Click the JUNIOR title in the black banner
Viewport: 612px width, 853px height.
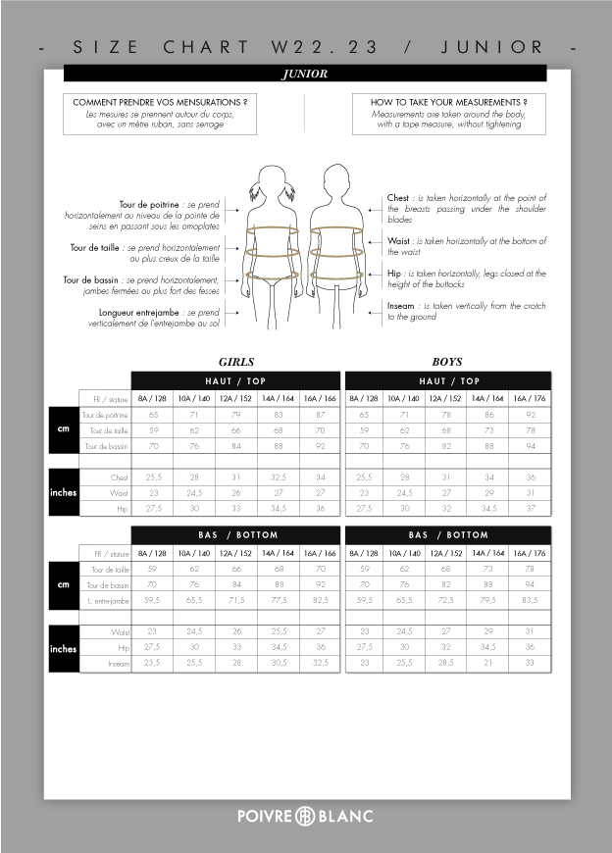tap(304, 74)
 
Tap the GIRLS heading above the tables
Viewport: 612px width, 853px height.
tap(236, 361)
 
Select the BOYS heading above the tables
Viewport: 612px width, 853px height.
tap(447, 361)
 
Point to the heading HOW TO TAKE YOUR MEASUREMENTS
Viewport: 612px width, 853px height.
tap(449, 102)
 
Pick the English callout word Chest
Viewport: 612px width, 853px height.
tap(398, 198)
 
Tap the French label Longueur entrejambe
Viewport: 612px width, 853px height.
tap(146, 312)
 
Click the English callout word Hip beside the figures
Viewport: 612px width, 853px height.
tap(394, 274)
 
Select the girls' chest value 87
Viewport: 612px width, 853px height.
tap(320, 416)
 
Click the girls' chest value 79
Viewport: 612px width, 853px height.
tap(236, 416)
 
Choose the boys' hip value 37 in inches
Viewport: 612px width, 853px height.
tap(532, 508)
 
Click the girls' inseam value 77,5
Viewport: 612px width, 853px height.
tap(279, 600)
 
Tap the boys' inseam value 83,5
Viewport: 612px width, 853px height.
tap(532, 600)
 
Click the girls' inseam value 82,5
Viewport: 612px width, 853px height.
tap(320, 600)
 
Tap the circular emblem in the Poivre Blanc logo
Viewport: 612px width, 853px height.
tap(305, 816)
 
